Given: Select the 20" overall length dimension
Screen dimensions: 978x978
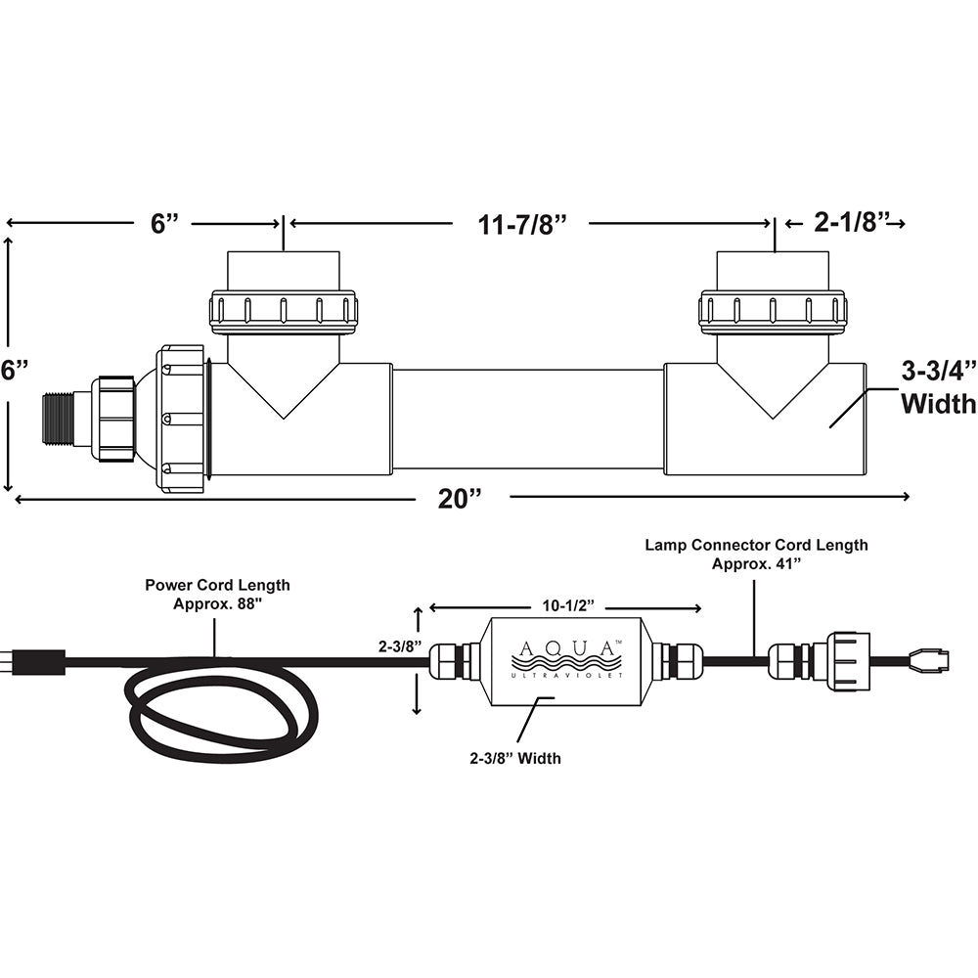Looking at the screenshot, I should pos(462,498).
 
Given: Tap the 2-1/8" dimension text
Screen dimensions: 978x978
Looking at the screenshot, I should pos(850,224).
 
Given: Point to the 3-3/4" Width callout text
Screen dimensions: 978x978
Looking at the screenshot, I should pos(936,387).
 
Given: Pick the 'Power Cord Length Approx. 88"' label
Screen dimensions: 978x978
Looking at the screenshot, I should pos(217,594).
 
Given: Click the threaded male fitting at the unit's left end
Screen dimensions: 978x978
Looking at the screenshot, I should pos(60,420).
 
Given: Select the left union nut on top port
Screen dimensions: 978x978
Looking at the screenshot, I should pos(284,311).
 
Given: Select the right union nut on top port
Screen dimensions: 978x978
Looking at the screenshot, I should pos(773,311).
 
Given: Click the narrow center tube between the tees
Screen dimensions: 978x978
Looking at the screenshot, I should pos(527,420).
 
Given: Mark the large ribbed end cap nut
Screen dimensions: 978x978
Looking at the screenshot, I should pos(181,418).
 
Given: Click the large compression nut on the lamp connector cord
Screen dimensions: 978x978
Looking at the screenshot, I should pos(847,661).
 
